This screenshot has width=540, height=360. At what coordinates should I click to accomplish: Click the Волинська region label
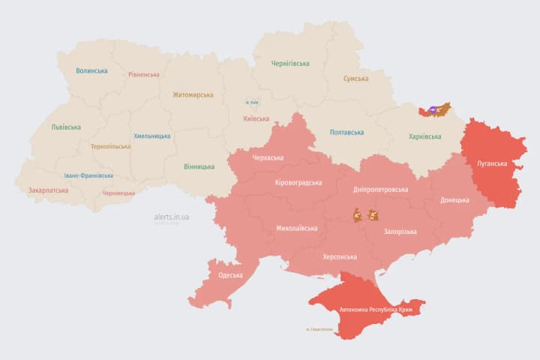pos(91,71)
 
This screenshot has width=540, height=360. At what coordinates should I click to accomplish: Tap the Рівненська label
pos(143,75)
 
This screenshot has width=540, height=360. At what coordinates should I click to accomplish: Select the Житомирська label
pos(193,95)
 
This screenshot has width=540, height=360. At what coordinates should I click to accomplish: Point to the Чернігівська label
pos(289,64)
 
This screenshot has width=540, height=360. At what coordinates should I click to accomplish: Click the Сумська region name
pos(355,79)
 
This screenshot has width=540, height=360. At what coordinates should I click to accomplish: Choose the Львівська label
pos(66,127)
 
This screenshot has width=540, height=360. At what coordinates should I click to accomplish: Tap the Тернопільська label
pos(109,147)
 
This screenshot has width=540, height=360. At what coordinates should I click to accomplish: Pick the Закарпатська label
pos(48,190)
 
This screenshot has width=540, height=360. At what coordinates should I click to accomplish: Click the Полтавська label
pos(348,133)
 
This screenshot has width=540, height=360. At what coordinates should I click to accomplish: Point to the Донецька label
pos(454,200)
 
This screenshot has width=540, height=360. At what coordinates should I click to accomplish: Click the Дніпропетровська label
pos(382,190)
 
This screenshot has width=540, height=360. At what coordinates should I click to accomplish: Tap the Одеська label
pos(230,275)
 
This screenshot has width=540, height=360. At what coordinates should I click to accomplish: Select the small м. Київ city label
pos(252,102)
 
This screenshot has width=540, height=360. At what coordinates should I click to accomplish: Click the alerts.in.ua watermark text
pos(172,217)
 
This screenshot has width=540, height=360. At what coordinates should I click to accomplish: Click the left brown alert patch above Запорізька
pos(358,215)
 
